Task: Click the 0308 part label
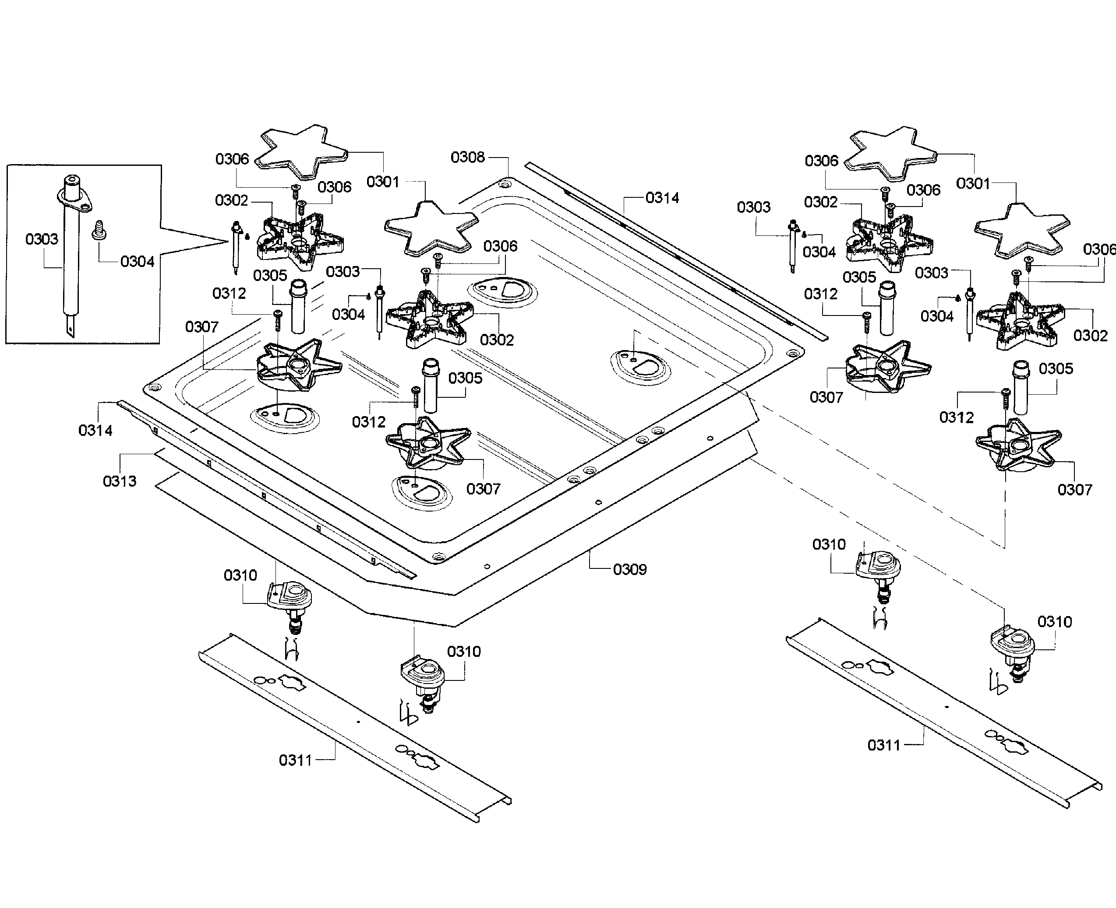click(468, 157)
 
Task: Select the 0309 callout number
click(630, 570)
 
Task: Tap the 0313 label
click(119, 481)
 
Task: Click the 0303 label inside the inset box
click(42, 239)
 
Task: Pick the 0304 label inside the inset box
click(137, 262)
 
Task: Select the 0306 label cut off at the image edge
click(1099, 249)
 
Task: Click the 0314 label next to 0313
click(95, 431)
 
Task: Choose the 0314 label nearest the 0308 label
click(662, 198)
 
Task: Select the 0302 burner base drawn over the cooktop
click(429, 319)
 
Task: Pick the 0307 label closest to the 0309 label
click(483, 489)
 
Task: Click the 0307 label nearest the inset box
click(201, 327)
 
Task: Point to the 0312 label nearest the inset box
click(229, 294)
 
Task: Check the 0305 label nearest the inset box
click(270, 276)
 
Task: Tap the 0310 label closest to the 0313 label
click(240, 575)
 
